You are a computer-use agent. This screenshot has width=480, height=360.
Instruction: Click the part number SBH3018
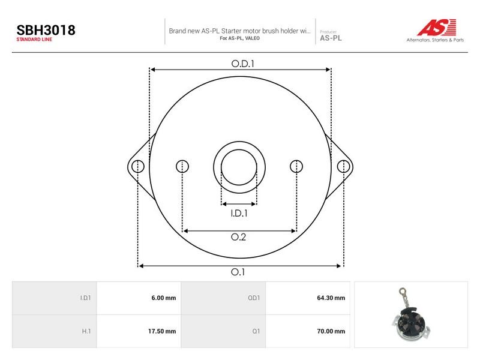click(x=46, y=30)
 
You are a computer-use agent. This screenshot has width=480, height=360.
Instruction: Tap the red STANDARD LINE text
click(x=34, y=40)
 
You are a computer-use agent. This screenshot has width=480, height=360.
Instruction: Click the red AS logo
click(x=437, y=27)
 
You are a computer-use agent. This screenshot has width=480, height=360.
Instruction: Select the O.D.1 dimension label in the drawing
click(x=243, y=64)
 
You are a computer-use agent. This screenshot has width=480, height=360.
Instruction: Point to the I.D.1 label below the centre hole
click(x=239, y=213)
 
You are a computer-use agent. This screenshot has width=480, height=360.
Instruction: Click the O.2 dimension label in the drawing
click(x=238, y=237)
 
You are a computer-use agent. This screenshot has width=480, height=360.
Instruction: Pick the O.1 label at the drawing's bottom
click(x=238, y=272)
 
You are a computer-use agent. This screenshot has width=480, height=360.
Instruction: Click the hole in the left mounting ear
click(x=138, y=166)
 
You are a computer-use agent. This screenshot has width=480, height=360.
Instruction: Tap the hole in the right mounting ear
click(x=343, y=166)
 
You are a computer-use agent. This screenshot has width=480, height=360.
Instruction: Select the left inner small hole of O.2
click(x=182, y=166)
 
